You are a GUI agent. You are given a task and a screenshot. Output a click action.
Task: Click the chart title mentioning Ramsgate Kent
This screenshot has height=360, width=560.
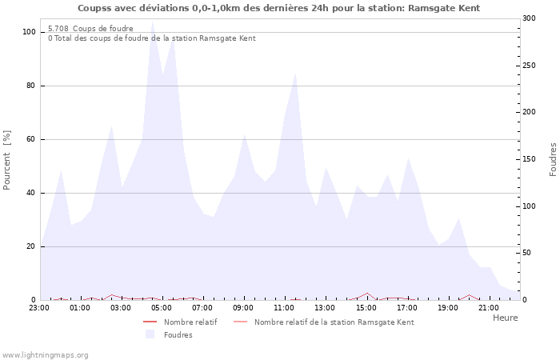pyautogui.click(x=279, y=8)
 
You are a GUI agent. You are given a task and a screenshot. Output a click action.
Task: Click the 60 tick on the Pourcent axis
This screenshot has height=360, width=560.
pyautogui.click(x=31, y=139)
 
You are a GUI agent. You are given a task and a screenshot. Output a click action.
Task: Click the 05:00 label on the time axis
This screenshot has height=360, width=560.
pyautogui.click(x=162, y=307)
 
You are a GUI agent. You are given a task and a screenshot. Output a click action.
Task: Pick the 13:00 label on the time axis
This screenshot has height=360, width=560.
pyautogui.click(x=325, y=307)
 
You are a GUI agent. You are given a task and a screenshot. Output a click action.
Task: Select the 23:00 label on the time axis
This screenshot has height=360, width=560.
pyautogui.click(x=38, y=307)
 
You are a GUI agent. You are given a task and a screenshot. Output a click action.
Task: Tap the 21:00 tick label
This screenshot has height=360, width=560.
pyautogui.click(x=488, y=307)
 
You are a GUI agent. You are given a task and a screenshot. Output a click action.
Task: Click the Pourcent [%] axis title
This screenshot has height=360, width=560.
pyautogui.click(x=8, y=160)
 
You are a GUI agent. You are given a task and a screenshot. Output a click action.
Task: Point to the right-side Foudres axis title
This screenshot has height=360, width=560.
pyautogui.click(x=553, y=160)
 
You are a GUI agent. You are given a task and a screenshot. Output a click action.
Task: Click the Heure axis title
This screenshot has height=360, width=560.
pyautogui.click(x=505, y=318)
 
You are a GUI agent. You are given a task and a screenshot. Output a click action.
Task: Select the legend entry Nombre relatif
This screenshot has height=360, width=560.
pyautogui.click(x=190, y=322)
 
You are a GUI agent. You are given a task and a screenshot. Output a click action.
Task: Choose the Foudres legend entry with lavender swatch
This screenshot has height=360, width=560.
pyautogui.click(x=178, y=335)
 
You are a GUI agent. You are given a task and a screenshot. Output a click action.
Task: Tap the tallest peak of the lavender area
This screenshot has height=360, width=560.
pyautogui.click(x=152, y=22)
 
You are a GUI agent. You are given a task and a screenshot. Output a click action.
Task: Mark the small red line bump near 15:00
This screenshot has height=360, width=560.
pyautogui.click(x=367, y=294)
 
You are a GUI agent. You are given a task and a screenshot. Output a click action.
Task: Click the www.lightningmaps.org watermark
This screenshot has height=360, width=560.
pyautogui.click(x=45, y=354)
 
